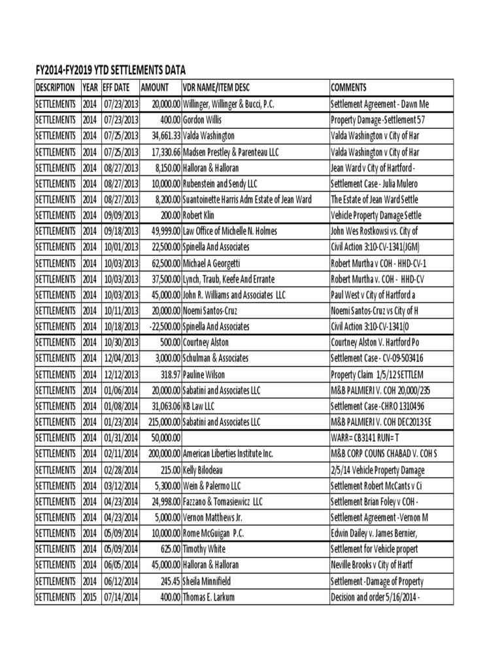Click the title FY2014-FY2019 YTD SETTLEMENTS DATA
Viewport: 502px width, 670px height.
[110, 70]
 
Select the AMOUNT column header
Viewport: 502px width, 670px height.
[154, 87]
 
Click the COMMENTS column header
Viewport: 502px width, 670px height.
[348, 87]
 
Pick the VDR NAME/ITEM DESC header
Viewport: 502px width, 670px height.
[216, 87]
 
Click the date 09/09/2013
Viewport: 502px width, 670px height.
[120, 215]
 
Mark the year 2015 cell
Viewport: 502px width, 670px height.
[90, 596]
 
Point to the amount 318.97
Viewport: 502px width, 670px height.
[167, 374]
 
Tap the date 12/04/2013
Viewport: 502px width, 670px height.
[120, 358]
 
